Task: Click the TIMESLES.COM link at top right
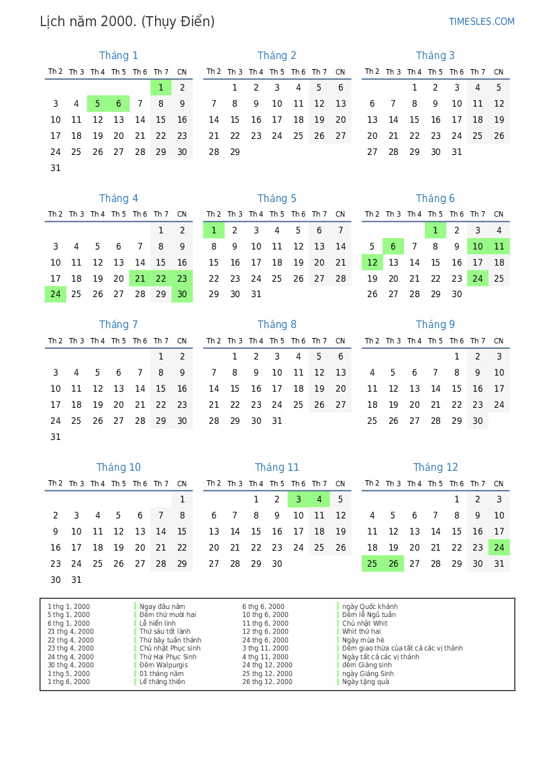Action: tap(481, 21)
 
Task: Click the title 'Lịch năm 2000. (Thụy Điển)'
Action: tap(128, 21)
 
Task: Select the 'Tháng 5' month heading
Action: tap(276, 199)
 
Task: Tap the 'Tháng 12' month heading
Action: tap(436, 467)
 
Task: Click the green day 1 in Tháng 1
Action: tap(161, 88)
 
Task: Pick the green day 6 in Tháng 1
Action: tap(119, 104)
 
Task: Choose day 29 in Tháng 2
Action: tap(235, 152)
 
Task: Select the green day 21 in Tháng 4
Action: tap(140, 279)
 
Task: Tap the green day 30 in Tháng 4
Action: tap(182, 295)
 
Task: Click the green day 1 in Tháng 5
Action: tap(213, 231)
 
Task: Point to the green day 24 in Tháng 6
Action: tap(478, 279)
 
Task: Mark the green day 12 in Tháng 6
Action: tap(372, 263)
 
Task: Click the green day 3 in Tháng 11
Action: tap(298, 500)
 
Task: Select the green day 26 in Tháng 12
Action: tap(393, 564)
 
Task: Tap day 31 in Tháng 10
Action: tap(77, 580)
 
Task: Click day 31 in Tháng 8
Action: tap(277, 421)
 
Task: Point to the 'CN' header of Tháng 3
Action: tap(499, 72)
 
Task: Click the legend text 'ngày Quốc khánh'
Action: tap(370, 607)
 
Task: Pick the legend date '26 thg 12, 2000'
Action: tap(267, 682)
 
